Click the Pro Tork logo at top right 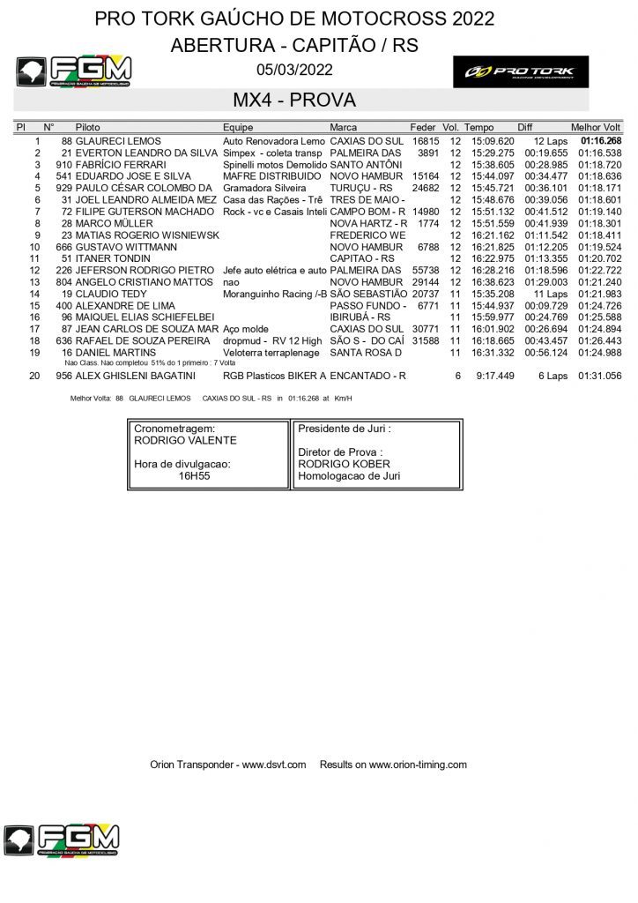(521, 71)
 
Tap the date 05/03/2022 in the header (294, 70)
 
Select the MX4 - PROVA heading (294, 100)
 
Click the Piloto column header (88, 128)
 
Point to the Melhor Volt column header (596, 128)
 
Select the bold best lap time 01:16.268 (600, 141)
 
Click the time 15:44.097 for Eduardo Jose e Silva (493, 176)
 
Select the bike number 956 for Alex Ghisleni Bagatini (63, 376)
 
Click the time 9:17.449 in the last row (495, 376)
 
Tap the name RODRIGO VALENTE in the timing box (185, 441)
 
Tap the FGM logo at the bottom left (61, 841)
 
